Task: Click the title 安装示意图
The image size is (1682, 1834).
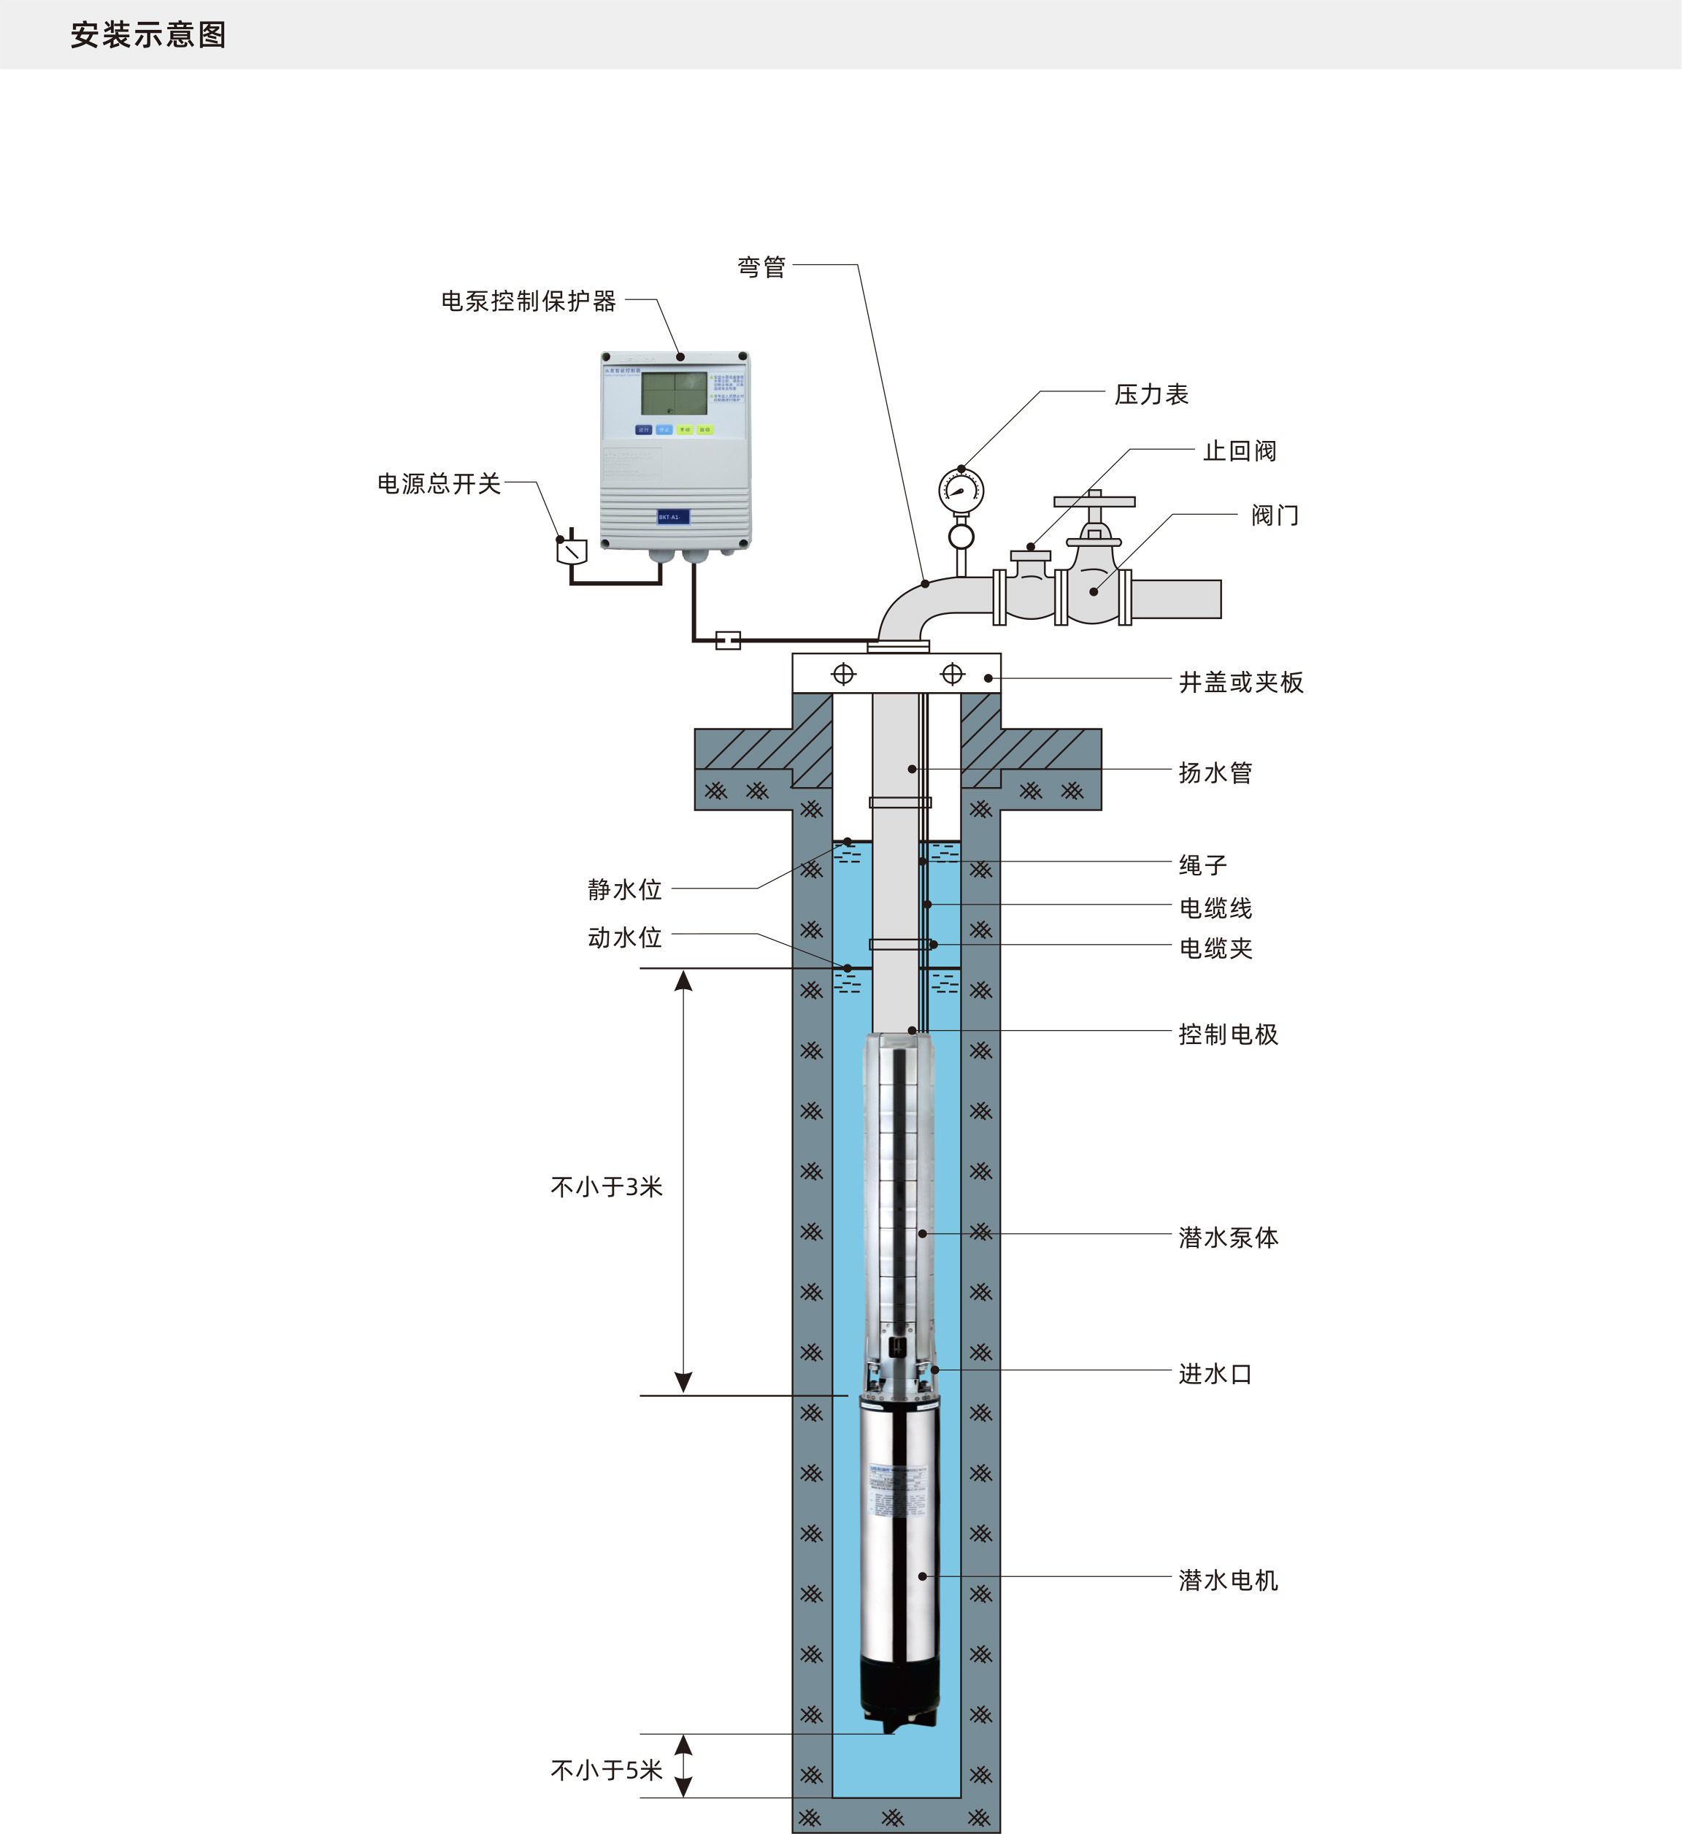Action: point(148,34)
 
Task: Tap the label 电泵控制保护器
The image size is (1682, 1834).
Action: point(528,302)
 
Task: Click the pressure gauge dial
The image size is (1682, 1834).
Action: point(961,491)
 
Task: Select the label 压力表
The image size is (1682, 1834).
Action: point(1151,394)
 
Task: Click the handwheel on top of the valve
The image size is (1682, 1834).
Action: point(1094,502)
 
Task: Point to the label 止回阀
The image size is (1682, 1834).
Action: point(1240,451)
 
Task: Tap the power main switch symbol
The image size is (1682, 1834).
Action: point(572,550)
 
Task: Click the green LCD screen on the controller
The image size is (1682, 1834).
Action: point(674,394)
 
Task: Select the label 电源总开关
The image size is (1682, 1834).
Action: point(439,483)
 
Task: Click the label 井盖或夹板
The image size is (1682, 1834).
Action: point(1240,682)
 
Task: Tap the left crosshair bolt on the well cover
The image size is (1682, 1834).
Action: point(844,674)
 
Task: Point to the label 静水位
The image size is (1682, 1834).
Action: point(624,889)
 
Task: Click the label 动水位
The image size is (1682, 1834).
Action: point(624,937)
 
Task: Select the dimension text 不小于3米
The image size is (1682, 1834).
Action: point(606,1187)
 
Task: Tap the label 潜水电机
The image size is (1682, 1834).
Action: point(1228,1580)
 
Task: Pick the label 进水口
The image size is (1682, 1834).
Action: point(1215,1373)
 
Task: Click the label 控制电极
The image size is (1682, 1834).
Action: point(1228,1034)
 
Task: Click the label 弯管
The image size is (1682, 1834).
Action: point(761,266)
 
